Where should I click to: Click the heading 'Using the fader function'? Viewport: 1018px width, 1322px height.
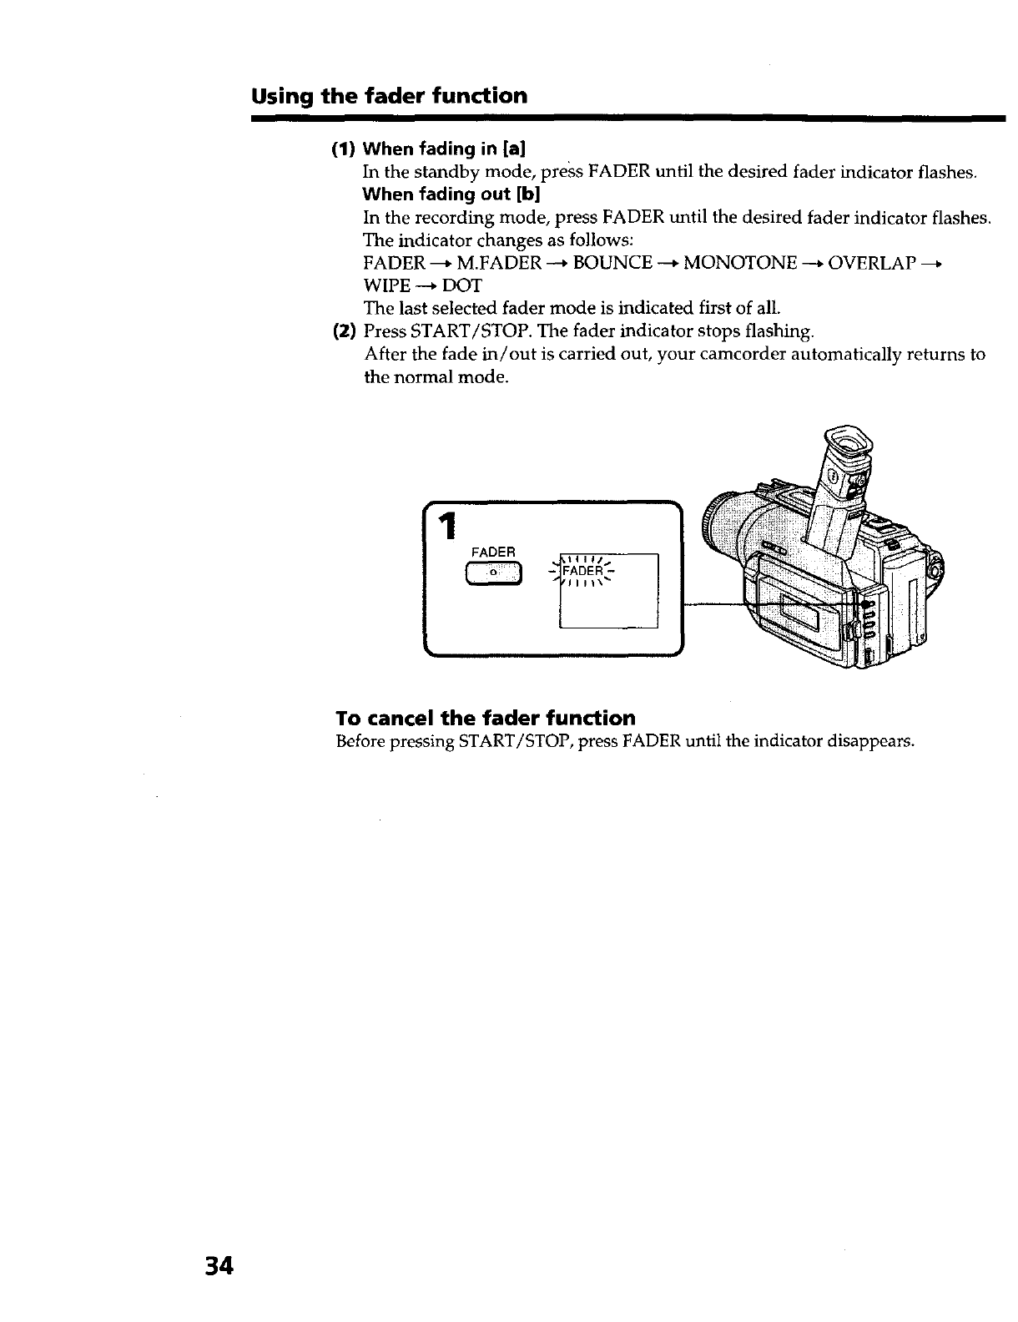coord(390,96)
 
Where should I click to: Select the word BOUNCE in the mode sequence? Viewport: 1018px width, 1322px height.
coord(613,263)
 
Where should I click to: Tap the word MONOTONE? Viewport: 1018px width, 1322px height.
coord(740,263)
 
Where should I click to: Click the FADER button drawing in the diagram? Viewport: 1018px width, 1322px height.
coord(493,573)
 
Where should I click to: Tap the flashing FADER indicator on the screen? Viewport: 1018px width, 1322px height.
coord(582,572)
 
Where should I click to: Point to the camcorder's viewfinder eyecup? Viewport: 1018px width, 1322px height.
coord(847,442)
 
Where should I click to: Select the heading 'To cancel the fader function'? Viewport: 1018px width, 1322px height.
coord(485,718)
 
